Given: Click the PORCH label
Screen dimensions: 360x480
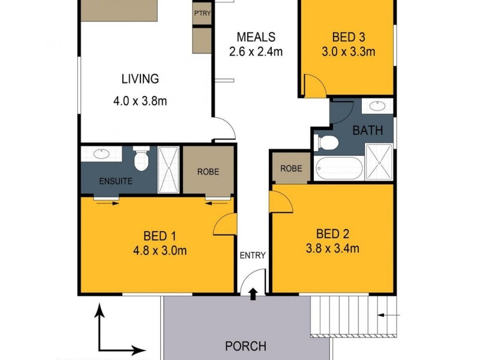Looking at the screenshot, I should [x=245, y=346].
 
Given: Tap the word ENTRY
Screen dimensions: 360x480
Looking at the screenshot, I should [x=253, y=255].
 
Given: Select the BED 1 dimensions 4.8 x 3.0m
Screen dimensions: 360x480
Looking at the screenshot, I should [x=157, y=250].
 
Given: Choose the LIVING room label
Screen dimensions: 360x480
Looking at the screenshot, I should [x=140, y=79].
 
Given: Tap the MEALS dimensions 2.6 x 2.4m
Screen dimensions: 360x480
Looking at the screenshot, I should [x=255, y=52].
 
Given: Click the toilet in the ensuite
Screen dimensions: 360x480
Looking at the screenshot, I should [x=141, y=159].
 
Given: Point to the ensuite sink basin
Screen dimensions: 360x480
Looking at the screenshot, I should [x=98, y=154].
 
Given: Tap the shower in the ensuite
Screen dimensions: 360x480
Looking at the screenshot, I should [x=169, y=169].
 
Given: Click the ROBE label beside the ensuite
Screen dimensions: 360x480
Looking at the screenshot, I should [x=208, y=172].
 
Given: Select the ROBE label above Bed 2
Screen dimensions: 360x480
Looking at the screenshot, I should [x=291, y=169].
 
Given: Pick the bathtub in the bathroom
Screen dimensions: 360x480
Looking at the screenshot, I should [x=340, y=169].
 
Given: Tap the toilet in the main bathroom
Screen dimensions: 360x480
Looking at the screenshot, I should [x=327, y=142].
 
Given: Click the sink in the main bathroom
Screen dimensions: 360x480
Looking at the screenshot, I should [x=377, y=107].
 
